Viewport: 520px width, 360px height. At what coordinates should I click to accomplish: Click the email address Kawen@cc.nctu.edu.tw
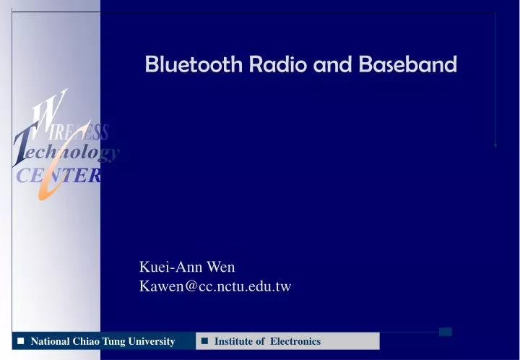pyautogui.click(x=215, y=286)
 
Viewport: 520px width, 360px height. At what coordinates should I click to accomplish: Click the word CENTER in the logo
pyautogui.click(x=58, y=176)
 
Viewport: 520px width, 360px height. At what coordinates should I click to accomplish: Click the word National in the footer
pyautogui.click(x=50, y=341)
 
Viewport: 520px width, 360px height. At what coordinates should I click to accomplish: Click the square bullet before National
pyautogui.click(x=21, y=340)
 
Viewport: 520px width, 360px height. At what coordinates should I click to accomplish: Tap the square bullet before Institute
pyautogui.click(x=205, y=340)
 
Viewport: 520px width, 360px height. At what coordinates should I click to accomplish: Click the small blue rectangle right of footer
pyautogui.click(x=446, y=332)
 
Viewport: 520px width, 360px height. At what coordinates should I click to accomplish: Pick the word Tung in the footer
pyautogui.click(x=113, y=341)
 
